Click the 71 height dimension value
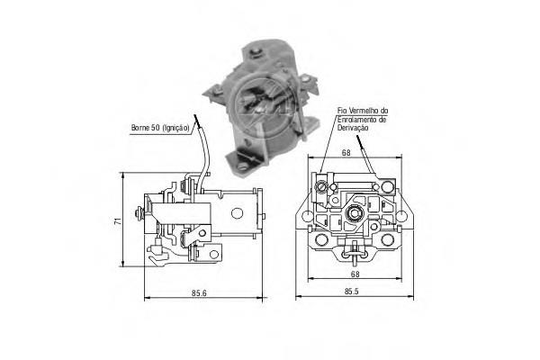(118, 220)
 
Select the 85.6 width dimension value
(199, 293)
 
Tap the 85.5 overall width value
(352, 292)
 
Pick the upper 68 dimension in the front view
(346, 153)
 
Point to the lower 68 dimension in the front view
(355, 274)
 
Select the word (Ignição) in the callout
(175, 128)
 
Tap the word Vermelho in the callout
(363, 111)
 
